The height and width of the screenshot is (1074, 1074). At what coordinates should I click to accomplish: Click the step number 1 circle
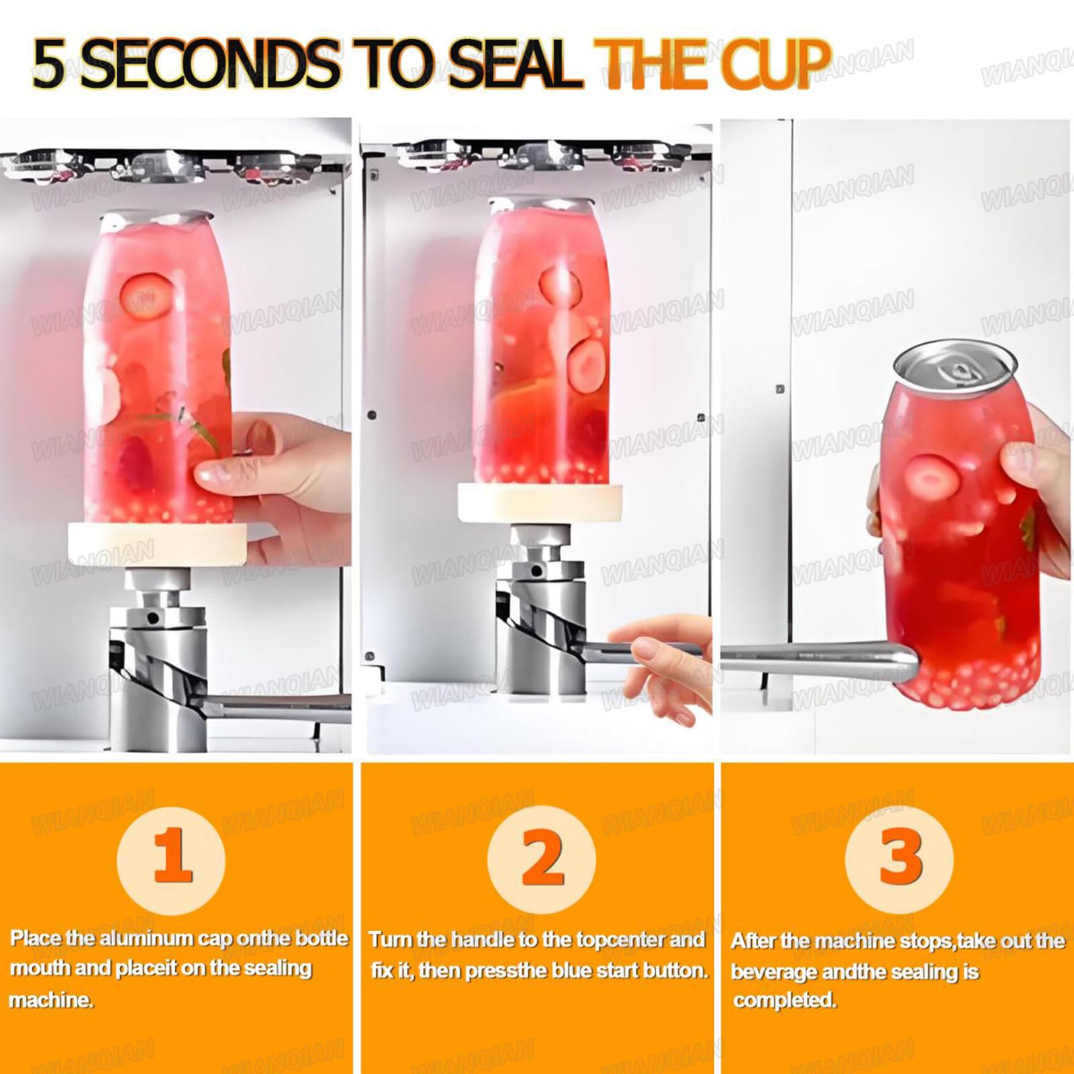pyautogui.click(x=172, y=859)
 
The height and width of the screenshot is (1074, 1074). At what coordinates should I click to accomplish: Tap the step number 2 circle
pyautogui.click(x=541, y=859)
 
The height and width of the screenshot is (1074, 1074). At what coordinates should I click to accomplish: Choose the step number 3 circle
pyautogui.click(x=899, y=859)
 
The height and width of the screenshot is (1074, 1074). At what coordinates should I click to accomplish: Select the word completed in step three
pyautogui.click(x=785, y=1001)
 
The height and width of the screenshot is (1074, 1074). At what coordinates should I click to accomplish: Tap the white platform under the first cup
pyautogui.click(x=157, y=544)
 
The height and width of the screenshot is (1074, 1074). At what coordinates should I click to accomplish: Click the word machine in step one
pyautogui.click(x=50, y=1000)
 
